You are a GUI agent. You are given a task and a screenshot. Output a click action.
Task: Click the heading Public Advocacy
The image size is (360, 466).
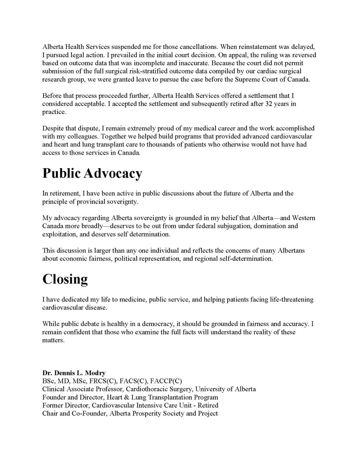pos(92,174)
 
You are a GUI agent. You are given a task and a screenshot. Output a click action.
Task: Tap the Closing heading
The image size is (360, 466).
pos(65,279)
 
